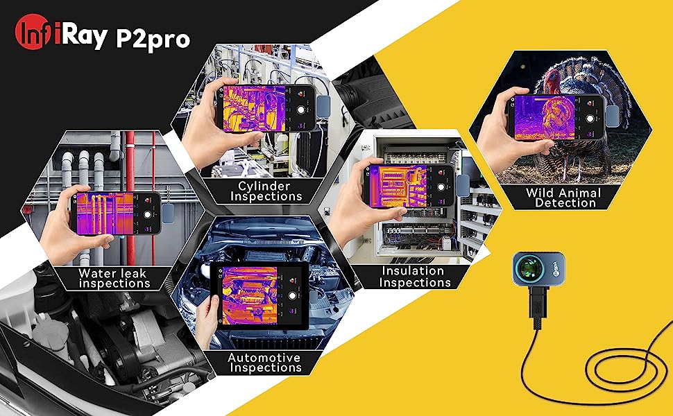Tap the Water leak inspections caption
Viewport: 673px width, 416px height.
(x=113, y=278)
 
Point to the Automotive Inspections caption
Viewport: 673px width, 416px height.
(x=264, y=363)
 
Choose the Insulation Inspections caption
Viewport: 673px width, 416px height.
(x=415, y=277)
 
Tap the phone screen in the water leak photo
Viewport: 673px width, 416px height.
(x=110, y=212)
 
